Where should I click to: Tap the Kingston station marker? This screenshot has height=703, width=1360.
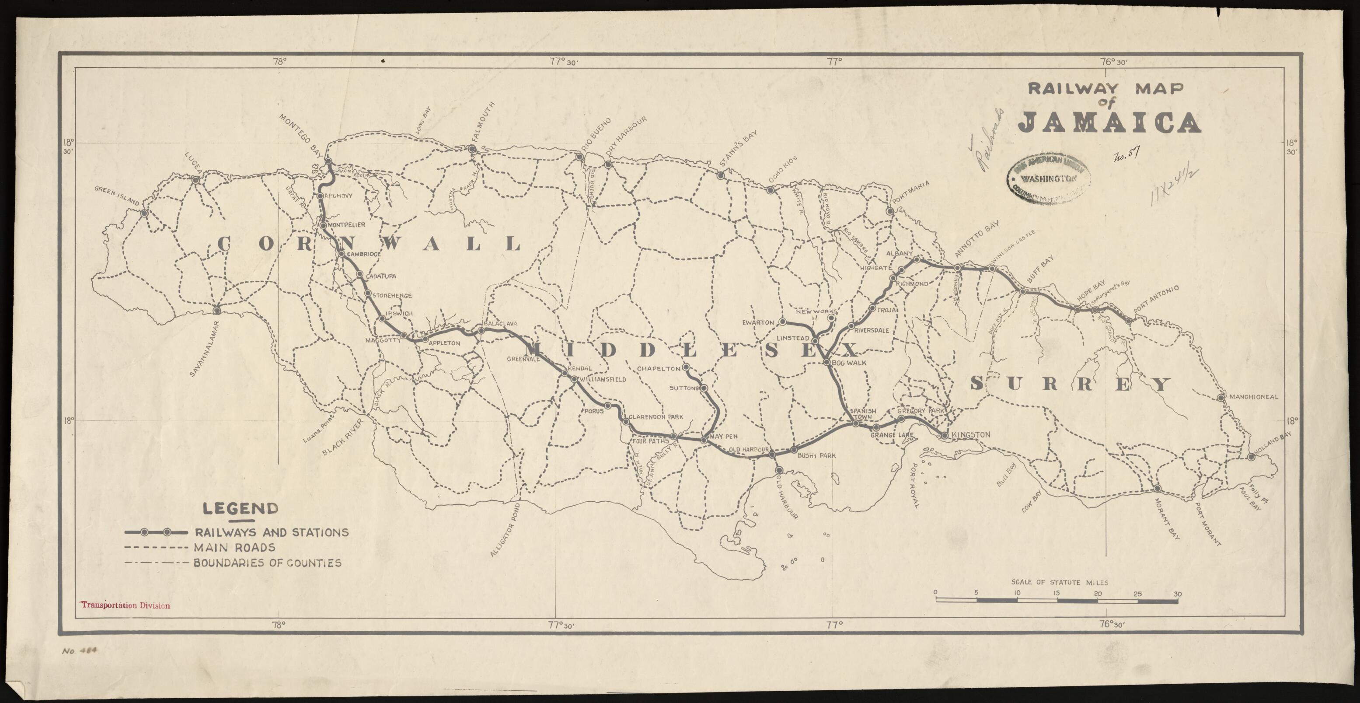(x=945, y=435)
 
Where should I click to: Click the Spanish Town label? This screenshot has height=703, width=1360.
(x=863, y=413)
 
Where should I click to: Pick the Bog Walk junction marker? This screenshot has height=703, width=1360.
(x=827, y=362)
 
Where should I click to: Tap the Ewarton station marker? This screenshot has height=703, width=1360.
(x=783, y=322)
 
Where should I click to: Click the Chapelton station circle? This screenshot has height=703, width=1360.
(x=686, y=367)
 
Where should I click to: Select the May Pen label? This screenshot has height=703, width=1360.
(x=723, y=437)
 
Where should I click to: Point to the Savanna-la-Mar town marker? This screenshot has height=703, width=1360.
(x=216, y=311)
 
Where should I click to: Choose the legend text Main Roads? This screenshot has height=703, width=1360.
(x=234, y=547)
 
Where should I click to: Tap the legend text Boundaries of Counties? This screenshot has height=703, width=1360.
(x=267, y=563)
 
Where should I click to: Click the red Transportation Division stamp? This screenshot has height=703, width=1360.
(x=125, y=606)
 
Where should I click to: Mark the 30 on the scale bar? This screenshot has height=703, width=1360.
(x=1177, y=594)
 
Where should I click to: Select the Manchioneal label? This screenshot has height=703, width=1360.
(x=1253, y=397)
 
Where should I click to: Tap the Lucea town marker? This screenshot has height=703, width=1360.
(x=195, y=180)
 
